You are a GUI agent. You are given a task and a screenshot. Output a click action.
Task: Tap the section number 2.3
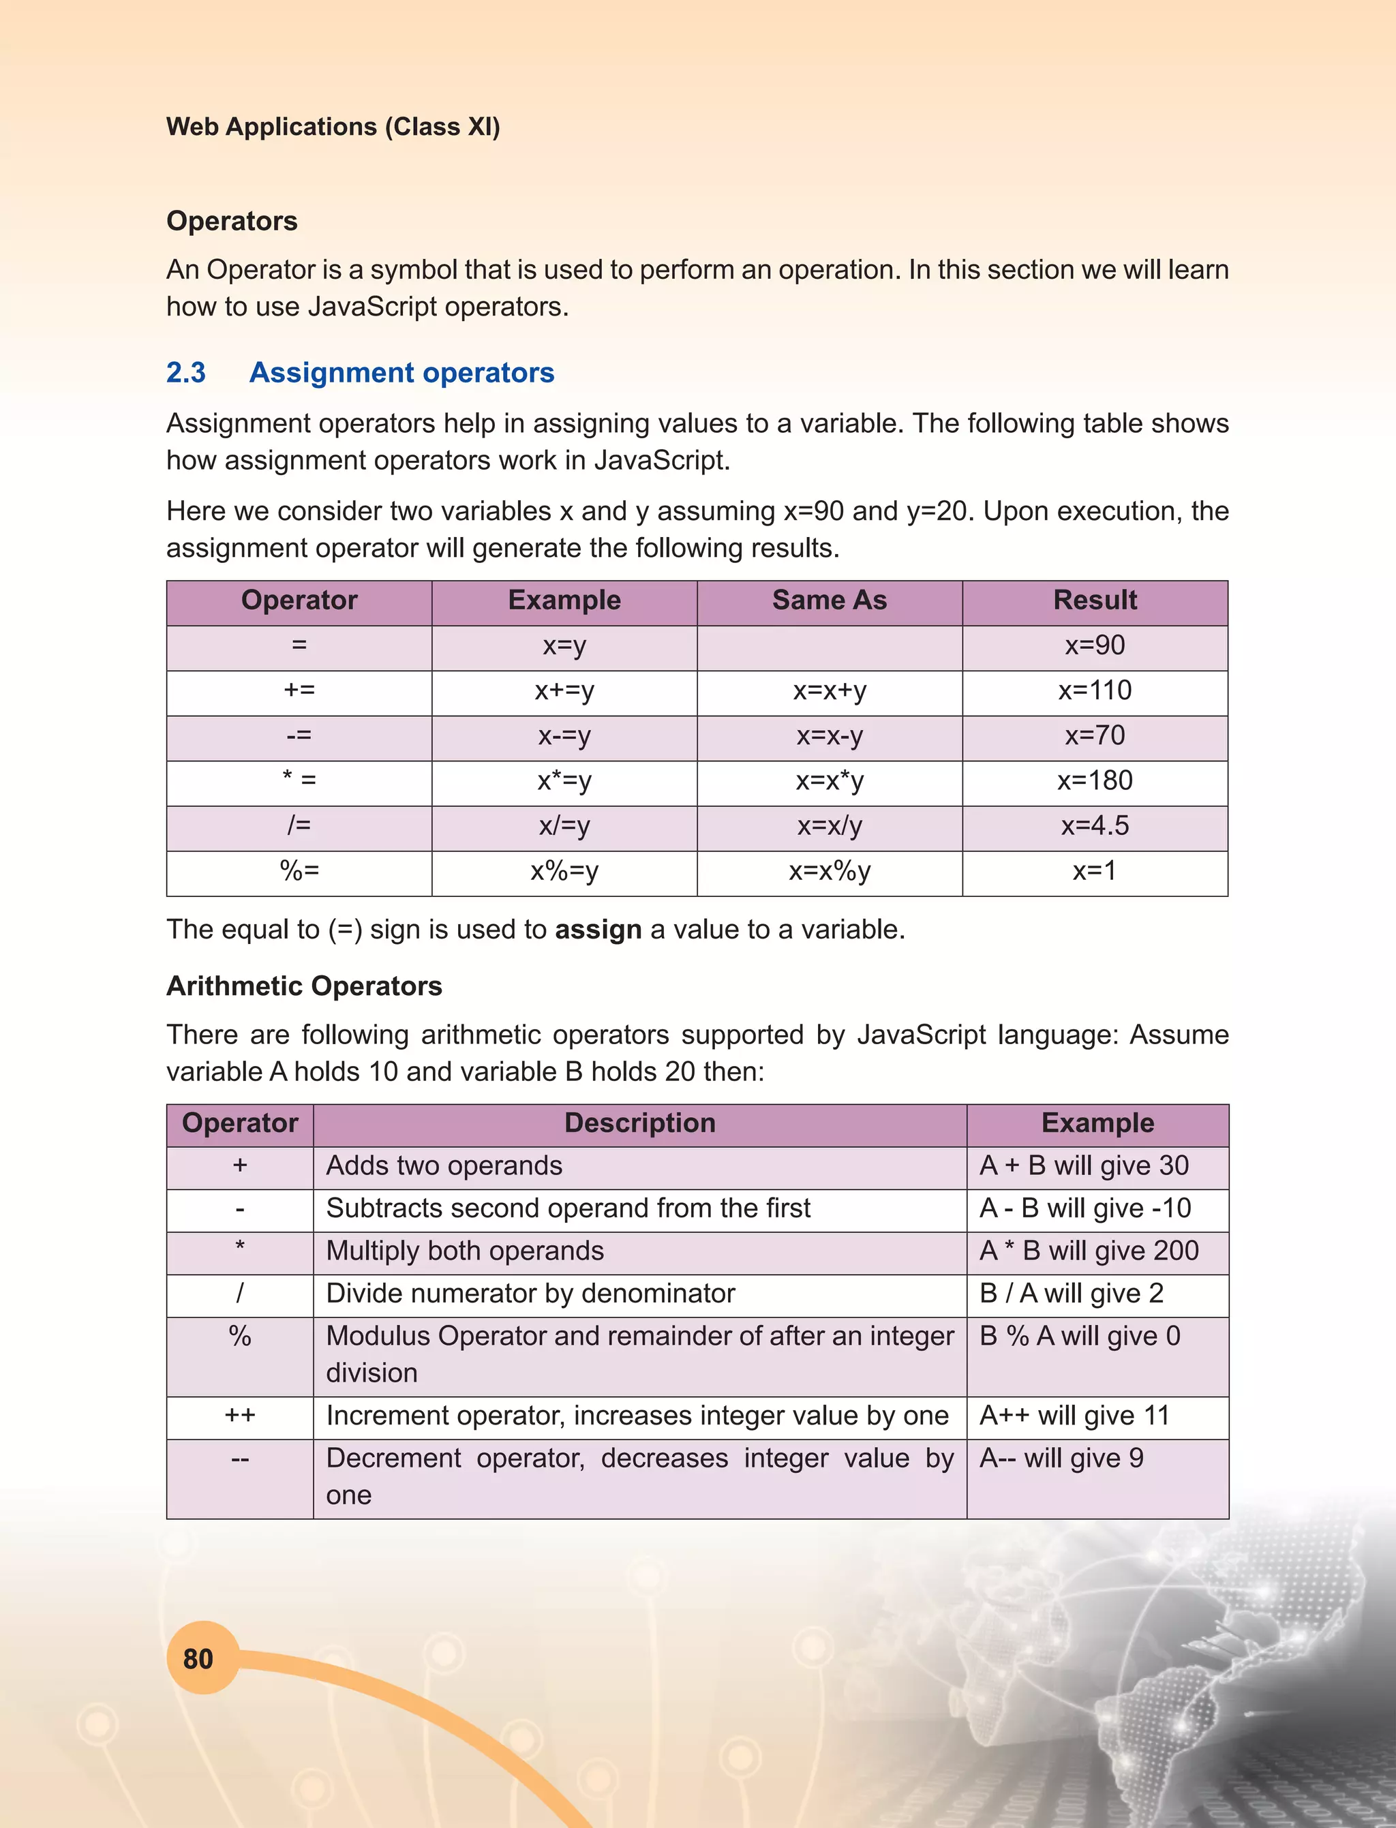185,372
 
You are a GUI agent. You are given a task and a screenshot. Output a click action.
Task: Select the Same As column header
830,600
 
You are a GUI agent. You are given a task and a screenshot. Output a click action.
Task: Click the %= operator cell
299,871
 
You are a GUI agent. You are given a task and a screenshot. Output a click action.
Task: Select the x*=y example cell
564,781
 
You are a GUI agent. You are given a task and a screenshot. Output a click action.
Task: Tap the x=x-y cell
830,736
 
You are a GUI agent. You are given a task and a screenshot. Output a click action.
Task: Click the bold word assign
598,929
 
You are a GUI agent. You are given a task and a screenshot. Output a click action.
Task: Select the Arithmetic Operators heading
304,986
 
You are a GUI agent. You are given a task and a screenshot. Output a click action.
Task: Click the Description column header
640,1123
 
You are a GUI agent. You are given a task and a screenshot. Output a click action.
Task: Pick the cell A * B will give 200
1089,1251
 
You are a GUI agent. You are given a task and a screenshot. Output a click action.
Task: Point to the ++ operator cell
239,1415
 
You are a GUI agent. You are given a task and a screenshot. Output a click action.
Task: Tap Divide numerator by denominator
530,1293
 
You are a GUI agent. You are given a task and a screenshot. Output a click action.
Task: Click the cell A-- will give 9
1061,1459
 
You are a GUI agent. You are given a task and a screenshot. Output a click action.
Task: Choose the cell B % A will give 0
1080,1336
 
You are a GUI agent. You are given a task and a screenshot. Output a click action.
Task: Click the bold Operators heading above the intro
232,221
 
